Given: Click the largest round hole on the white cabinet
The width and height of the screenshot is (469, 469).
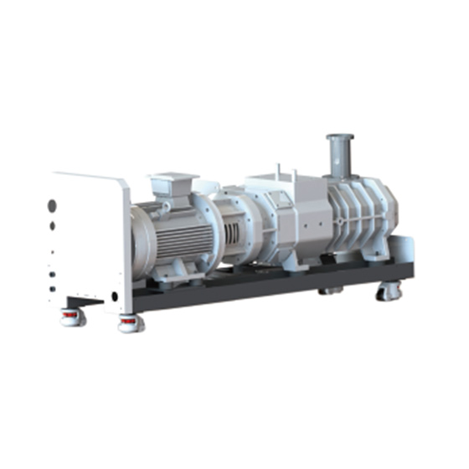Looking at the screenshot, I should (52, 204).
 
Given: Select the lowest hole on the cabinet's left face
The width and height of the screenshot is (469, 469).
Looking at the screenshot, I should (53, 289).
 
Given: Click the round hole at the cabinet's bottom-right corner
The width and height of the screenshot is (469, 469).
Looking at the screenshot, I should (115, 295).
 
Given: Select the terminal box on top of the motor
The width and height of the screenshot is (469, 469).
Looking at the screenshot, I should (172, 186).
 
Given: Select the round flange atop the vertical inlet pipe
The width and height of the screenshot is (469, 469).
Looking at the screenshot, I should (338, 137).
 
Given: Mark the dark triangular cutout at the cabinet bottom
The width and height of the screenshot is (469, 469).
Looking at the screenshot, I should (89, 298).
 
